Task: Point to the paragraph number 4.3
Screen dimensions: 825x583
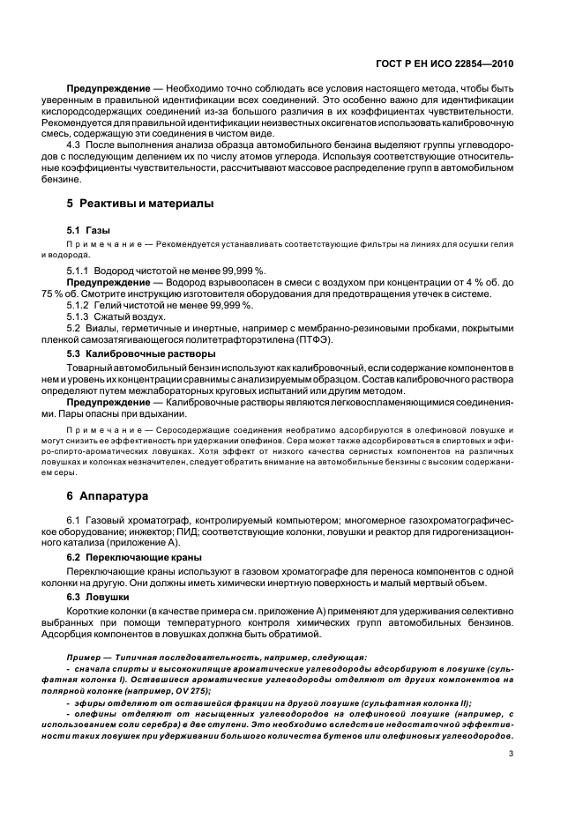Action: (75, 143)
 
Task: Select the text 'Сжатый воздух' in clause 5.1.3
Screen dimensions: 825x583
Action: (136, 316)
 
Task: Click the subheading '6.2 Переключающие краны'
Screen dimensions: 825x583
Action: (133, 558)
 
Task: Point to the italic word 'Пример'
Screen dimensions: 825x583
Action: (84, 658)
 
